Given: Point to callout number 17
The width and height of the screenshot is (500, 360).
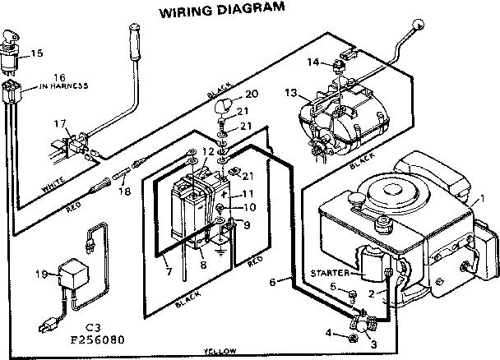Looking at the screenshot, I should tap(58, 124).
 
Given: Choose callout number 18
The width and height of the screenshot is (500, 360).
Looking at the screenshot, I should tap(124, 192).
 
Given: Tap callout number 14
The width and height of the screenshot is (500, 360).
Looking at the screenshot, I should tap(312, 61).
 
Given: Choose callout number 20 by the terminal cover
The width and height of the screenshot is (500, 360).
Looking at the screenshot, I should tap(252, 95).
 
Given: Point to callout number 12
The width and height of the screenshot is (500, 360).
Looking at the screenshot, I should tap(209, 152).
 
